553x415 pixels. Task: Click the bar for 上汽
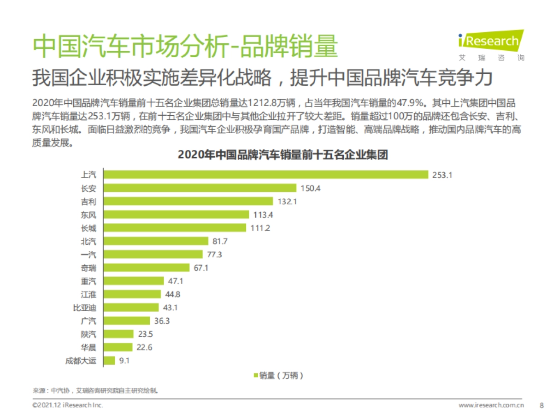266,174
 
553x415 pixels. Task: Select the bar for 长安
200,188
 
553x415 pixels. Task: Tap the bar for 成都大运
109,361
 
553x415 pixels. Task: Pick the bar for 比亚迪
131,307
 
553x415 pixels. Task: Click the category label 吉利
88,202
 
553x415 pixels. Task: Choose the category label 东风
88,214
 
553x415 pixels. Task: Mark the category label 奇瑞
88,268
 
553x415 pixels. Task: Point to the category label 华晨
88,347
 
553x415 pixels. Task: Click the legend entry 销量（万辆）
278,375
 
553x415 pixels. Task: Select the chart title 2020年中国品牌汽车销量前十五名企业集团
282,155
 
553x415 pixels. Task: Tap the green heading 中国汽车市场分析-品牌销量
185,46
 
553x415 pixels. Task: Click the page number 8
541,405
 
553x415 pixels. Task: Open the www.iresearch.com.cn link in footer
491,405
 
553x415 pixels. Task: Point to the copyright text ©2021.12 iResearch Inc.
68,405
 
